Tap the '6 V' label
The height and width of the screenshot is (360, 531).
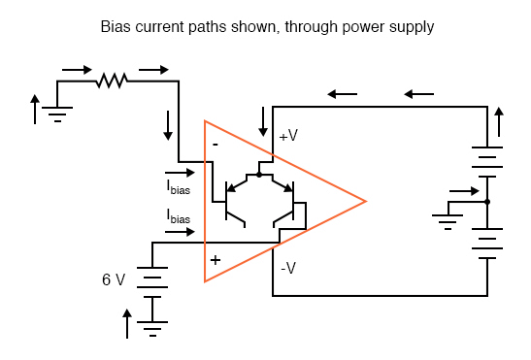tap(114, 279)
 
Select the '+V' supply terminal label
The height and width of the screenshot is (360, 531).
tap(288, 137)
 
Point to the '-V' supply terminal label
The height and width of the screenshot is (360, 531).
tap(287, 268)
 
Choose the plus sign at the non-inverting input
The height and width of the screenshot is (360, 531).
tap(216, 260)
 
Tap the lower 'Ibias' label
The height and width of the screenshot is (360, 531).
tap(179, 217)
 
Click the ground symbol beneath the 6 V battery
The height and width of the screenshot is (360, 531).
tap(153, 328)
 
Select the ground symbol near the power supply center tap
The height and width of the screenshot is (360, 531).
tap(447, 220)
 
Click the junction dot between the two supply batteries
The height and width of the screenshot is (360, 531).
tap(486, 202)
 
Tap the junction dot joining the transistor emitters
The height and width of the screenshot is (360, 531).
tap(258, 175)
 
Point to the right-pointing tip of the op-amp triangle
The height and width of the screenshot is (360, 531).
tap(365, 202)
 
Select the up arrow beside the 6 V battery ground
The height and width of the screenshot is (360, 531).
tap(126, 322)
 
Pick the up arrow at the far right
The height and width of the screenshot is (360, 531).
tap(500, 122)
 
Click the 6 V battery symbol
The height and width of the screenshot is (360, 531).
tap(153, 280)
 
